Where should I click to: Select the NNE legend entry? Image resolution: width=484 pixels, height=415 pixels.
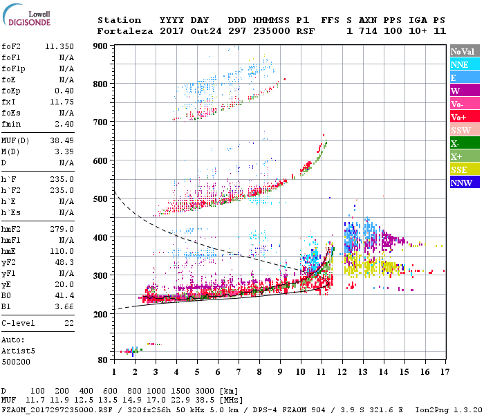[x=465, y=64]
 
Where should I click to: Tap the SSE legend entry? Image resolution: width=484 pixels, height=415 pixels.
[x=465, y=169]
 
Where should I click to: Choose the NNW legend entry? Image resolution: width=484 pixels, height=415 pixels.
[x=465, y=183]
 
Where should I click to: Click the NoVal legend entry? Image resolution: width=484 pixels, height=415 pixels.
[x=465, y=51]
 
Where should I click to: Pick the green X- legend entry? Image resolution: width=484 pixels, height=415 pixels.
[x=465, y=143]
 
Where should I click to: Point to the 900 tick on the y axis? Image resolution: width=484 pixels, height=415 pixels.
[x=102, y=46]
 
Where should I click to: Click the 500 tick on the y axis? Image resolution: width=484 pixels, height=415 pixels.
[x=102, y=199]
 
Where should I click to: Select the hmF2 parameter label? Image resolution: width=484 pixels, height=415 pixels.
[x=12, y=229]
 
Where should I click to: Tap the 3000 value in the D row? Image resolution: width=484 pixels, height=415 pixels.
[x=206, y=391]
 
